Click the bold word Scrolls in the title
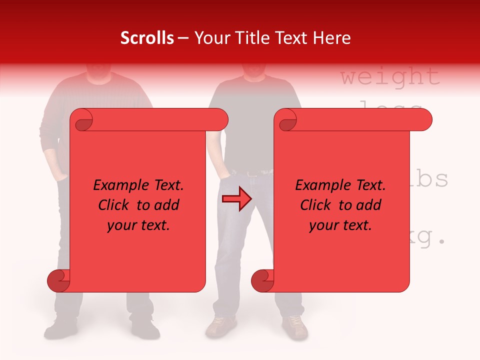[x=147, y=38]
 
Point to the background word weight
[x=390, y=77]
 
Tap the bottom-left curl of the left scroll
[x=58, y=281]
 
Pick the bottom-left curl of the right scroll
[x=262, y=281]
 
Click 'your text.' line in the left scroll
[x=138, y=225]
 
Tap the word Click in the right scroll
[x=315, y=205]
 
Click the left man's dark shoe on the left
[x=59, y=328]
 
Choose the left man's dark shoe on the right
[x=145, y=327]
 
